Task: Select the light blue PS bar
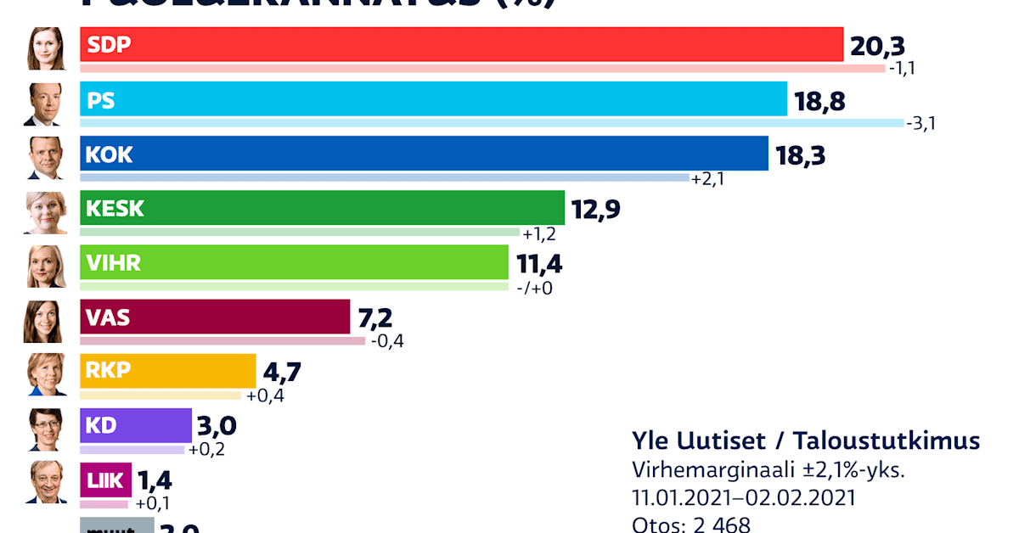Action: click(x=433, y=100)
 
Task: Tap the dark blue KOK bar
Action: click(x=424, y=154)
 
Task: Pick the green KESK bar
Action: click(x=322, y=208)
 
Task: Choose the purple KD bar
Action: click(x=136, y=425)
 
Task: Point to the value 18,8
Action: click(x=821, y=101)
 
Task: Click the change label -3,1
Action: click(x=921, y=124)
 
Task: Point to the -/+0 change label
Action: click(x=534, y=287)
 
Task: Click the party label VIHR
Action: click(x=114, y=263)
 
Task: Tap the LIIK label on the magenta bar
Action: click(x=105, y=480)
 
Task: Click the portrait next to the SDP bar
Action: click(x=46, y=48)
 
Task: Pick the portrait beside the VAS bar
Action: click(x=46, y=320)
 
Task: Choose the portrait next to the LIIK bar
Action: click(x=46, y=482)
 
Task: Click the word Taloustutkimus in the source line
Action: click(x=887, y=440)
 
